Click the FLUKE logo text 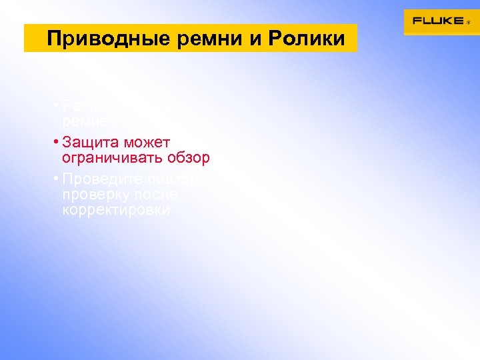tap(437, 21)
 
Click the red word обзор tap(191, 158)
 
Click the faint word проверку tap(96, 195)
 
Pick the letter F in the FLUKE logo tap(417, 21)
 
